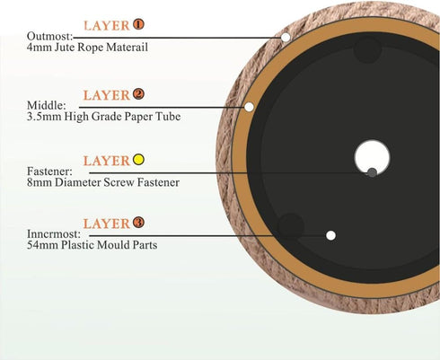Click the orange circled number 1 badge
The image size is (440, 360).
point(138,24)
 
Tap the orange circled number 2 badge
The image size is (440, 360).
point(138,94)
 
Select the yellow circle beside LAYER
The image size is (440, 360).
point(138,160)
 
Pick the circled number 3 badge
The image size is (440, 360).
point(138,223)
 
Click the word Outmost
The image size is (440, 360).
point(49,36)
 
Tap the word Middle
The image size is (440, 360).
point(45,105)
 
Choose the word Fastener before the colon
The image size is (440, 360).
point(48,171)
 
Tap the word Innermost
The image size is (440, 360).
point(52,233)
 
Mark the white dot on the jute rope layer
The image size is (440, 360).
point(286,38)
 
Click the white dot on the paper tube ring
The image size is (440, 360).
point(249,107)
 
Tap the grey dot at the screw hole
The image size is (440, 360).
point(372,172)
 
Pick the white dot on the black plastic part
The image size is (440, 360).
point(330,235)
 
